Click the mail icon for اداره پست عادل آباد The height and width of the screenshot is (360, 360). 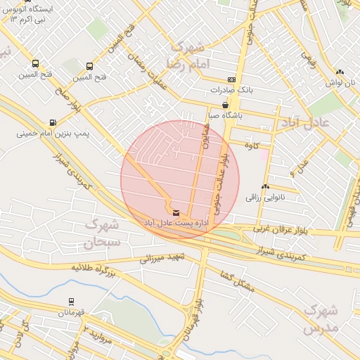[175, 212]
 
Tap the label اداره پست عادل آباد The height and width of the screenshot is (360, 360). [175, 223]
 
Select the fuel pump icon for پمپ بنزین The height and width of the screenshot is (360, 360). [53, 121]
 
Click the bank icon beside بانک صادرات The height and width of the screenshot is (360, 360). [232, 80]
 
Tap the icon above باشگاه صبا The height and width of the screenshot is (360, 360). [225, 105]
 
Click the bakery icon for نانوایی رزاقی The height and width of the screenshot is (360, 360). [265, 187]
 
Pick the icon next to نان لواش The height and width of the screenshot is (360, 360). [340, 72]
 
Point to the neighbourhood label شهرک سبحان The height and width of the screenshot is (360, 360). [103, 234]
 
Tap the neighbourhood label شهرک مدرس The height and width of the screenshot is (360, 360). [321, 319]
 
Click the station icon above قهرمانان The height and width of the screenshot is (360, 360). [71, 302]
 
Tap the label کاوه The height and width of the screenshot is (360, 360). [252, 145]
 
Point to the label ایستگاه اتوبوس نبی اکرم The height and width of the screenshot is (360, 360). [32, 13]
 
